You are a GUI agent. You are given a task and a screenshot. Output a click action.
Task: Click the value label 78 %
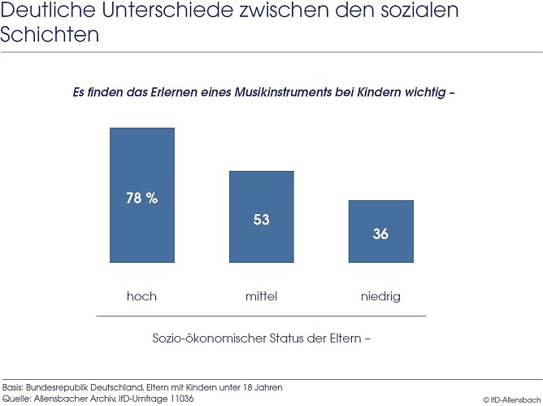click(142, 199)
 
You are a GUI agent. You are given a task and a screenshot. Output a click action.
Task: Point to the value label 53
click(261, 220)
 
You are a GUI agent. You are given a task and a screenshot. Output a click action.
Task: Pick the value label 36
click(380, 234)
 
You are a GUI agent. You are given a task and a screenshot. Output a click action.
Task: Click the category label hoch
click(141, 296)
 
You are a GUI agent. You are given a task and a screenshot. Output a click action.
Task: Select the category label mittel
click(261, 296)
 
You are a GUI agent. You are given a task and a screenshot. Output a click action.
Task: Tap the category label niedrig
click(380, 296)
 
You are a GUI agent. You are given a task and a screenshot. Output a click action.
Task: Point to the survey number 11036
click(179, 399)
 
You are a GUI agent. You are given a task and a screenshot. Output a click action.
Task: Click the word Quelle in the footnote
click(16, 399)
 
